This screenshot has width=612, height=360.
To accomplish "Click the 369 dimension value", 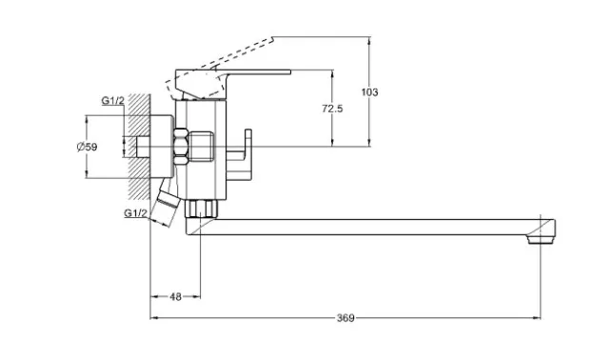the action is (345, 318).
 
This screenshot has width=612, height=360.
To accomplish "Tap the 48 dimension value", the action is (176, 297).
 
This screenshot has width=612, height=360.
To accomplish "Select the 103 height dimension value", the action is (369, 92).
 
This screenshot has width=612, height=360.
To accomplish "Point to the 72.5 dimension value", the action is (332, 109).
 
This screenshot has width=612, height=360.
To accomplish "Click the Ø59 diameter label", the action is (87, 148).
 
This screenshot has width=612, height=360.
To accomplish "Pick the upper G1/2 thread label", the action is (113, 101).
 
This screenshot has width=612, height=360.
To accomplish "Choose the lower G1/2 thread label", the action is (136, 213).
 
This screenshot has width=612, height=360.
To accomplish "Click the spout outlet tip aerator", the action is (541, 239).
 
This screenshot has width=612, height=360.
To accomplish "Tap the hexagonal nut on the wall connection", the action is (180, 147).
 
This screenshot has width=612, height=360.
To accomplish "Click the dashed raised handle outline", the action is (219, 68).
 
